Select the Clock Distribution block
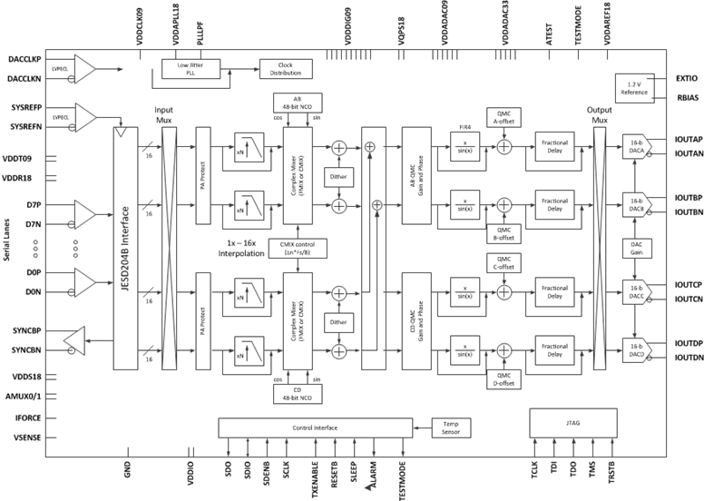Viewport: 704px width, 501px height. pos(282,69)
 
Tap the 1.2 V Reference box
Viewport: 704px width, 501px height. pos(635,87)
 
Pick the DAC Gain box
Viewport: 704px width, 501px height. pos(635,248)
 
